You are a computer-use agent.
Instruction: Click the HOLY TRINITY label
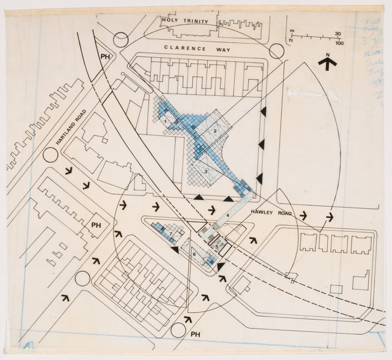(x=184, y=21)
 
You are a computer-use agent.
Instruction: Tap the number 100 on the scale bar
(x=339, y=43)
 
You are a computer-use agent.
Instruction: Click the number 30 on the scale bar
(x=338, y=32)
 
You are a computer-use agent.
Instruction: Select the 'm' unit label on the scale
(x=290, y=33)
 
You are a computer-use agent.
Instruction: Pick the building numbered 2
(x=214, y=131)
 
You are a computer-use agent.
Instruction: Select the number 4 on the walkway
(x=228, y=217)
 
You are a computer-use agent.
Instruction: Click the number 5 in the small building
(x=216, y=246)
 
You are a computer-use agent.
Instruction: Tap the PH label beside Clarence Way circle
(x=104, y=57)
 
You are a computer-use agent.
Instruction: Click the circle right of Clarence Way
(x=276, y=52)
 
